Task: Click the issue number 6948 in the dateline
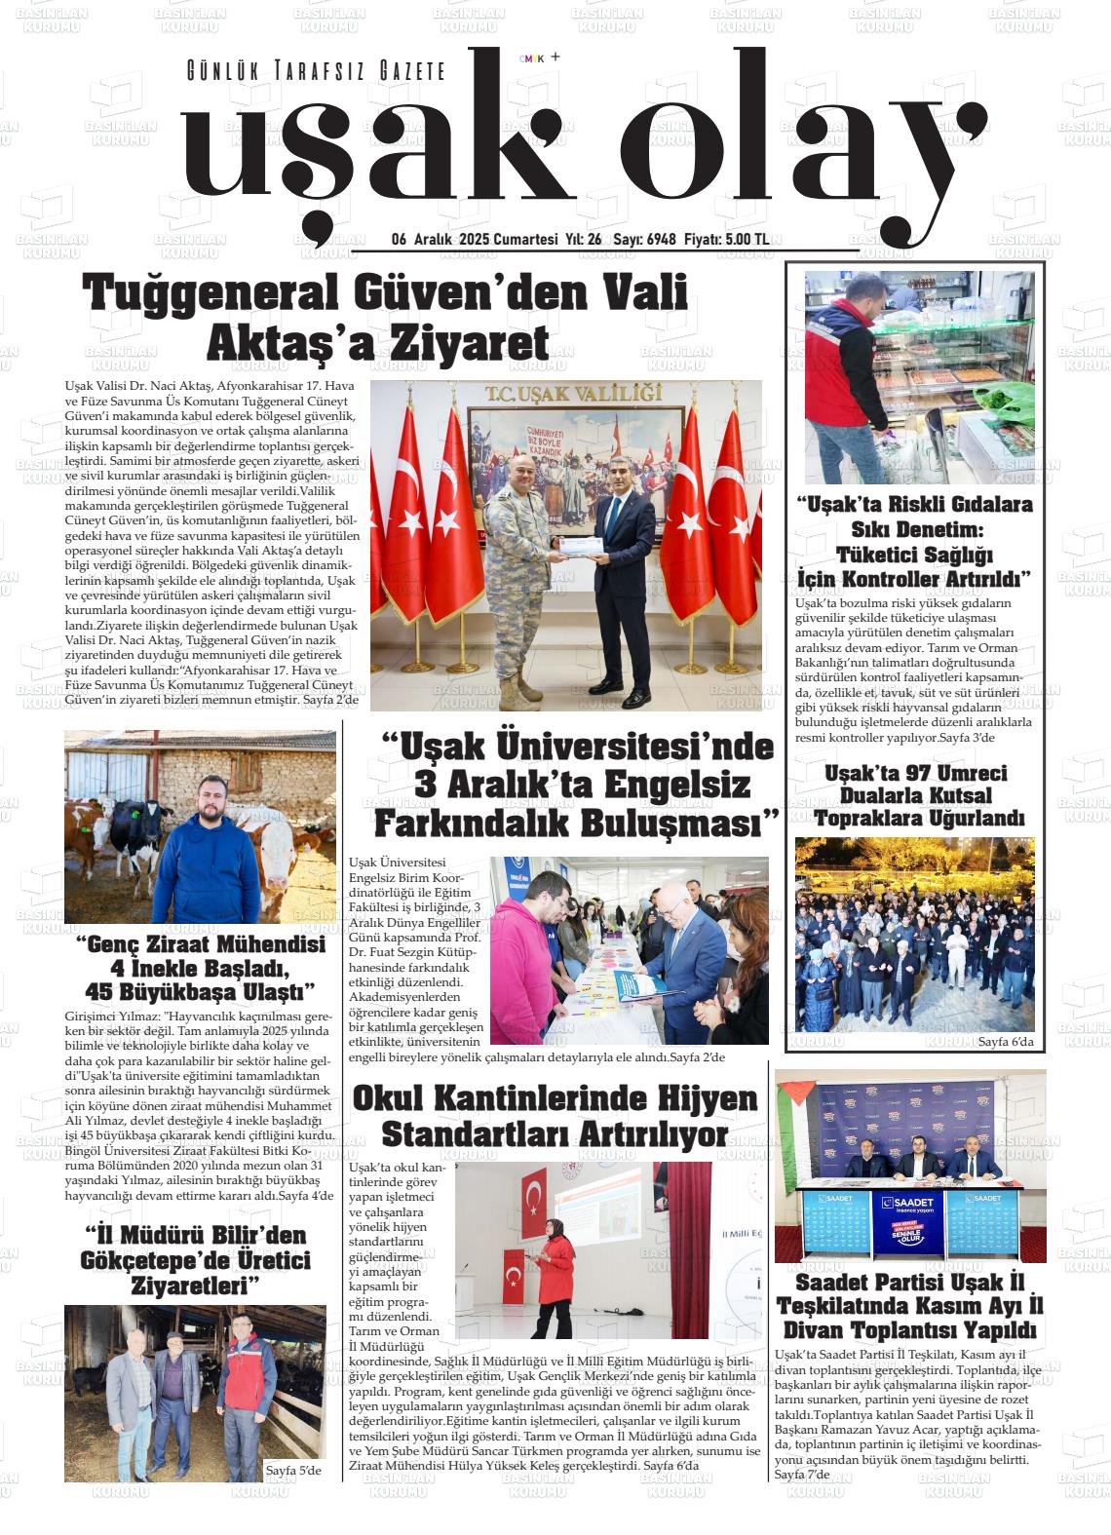point(661,240)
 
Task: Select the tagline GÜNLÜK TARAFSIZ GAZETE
point(316,71)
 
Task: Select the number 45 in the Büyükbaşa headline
point(104,992)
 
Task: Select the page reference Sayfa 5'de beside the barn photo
point(293,1471)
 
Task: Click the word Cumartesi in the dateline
point(525,240)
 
